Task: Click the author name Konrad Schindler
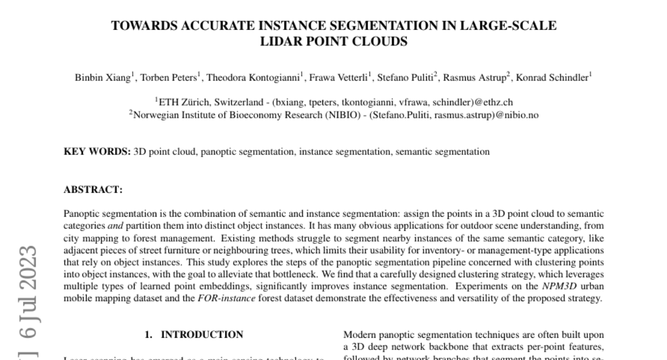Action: [x=552, y=78]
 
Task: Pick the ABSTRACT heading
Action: [x=93, y=189]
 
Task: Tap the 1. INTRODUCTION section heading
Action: [x=194, y=334]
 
